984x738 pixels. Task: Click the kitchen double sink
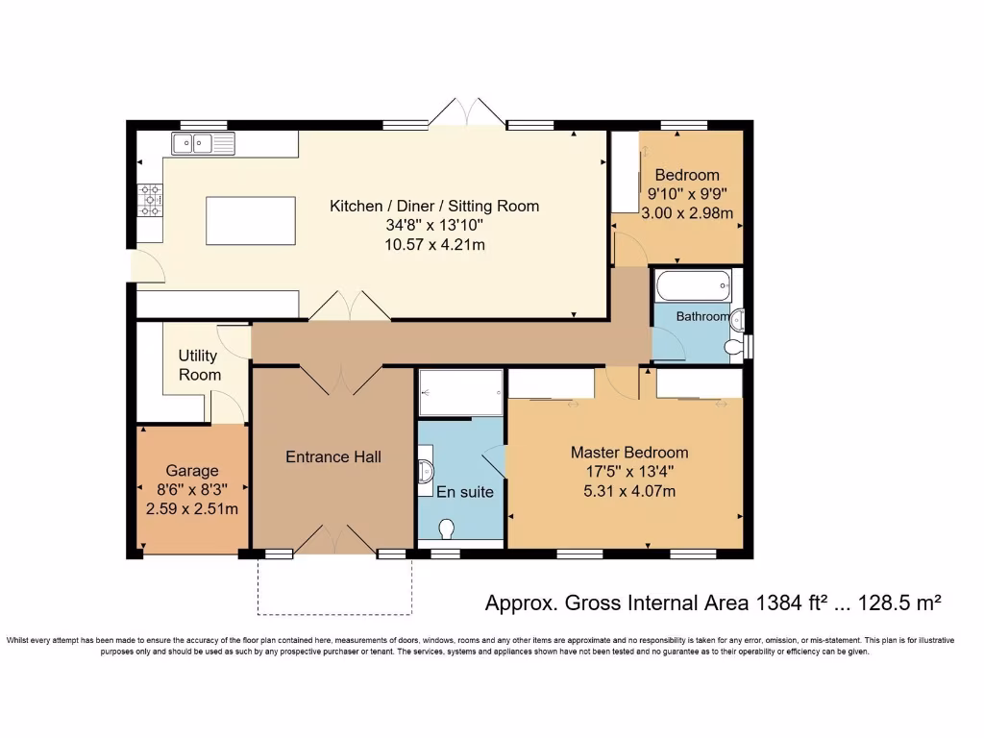coord(203,143)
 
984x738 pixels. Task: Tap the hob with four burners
coord(151,200)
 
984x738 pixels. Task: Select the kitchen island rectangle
coord(251,220)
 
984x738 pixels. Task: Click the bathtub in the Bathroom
coord(694,285)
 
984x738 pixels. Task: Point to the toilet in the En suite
coord(447,529)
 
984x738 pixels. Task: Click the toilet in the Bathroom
coord(733,346)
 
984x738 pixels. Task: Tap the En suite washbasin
coord(426,469)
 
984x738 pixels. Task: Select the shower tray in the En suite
coord(461,393)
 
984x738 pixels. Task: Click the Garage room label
coord(192,471)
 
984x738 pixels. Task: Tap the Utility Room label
coord(199,365)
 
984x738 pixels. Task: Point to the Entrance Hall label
coord(333,456)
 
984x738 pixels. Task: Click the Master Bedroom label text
coord(629,453)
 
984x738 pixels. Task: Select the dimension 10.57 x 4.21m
coord(435,245)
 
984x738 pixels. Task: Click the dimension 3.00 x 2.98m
coord(687,213)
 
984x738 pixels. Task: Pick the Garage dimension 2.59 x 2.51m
coord(192,509)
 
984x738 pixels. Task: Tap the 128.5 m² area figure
coord(898,603)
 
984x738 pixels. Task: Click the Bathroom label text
coord(702,317)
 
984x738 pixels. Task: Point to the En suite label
coord(465,492)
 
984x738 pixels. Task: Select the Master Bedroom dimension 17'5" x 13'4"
coord(629,472)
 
